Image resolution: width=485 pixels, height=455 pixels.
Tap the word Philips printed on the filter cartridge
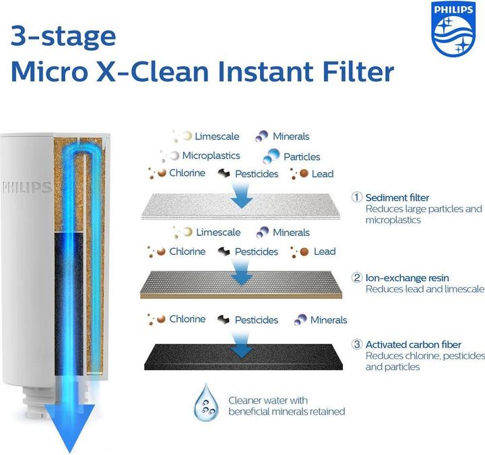(x=27, y=187)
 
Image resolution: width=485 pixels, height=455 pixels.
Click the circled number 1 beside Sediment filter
(x=357, y=198)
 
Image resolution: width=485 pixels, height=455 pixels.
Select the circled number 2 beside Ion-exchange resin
(x=357, y=278)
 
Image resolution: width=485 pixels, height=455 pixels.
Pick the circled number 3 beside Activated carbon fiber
(x=357, y=344)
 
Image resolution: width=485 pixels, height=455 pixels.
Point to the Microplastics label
(x=211, y=155)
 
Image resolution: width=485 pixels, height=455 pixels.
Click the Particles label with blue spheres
(x=301, y=157)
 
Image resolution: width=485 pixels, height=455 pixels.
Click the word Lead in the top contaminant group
(x=323, y=174)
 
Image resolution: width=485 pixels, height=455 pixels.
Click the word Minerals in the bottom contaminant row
(x=329, y=320)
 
